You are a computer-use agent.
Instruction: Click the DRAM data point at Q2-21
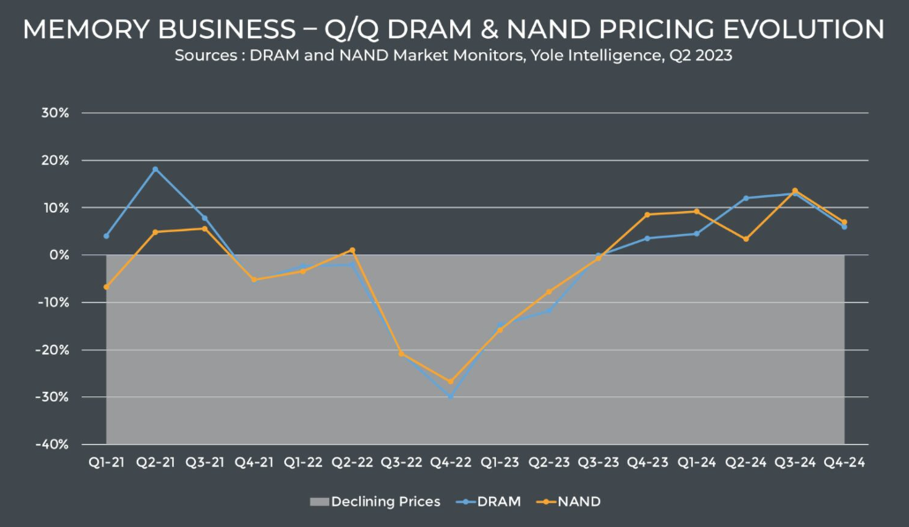(155, 169)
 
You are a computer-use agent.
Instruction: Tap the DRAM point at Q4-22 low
(450, 396)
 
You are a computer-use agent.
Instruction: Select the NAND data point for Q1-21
(106, 287)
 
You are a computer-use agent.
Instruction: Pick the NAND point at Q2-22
(352, 251)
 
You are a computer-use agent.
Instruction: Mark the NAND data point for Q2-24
(746, 239)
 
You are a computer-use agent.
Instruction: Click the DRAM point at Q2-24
(746, 199)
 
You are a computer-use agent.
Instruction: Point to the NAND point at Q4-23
(647, 215)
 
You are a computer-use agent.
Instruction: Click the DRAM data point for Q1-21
(106, 236)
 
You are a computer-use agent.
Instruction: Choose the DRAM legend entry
(488, 501)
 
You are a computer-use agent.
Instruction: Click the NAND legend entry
(568, 501)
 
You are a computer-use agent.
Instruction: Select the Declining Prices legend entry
(375, 501)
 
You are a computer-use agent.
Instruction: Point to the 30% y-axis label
(55, 113)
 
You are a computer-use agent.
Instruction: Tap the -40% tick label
(52, 445)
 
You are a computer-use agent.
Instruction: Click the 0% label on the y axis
(58, 255)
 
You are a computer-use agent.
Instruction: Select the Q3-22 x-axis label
(402, 463)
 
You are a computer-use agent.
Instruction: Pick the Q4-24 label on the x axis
(844, 463)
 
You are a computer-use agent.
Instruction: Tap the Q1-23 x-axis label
(500, 463)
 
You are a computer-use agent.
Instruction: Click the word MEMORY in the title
(86, 29)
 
